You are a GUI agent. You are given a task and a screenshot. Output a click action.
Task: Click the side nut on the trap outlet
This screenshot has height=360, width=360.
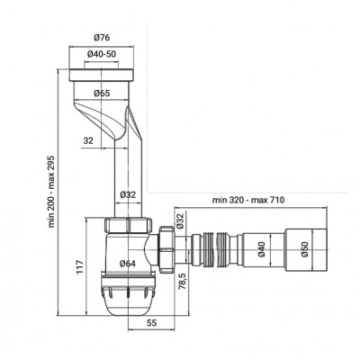(167, 249)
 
